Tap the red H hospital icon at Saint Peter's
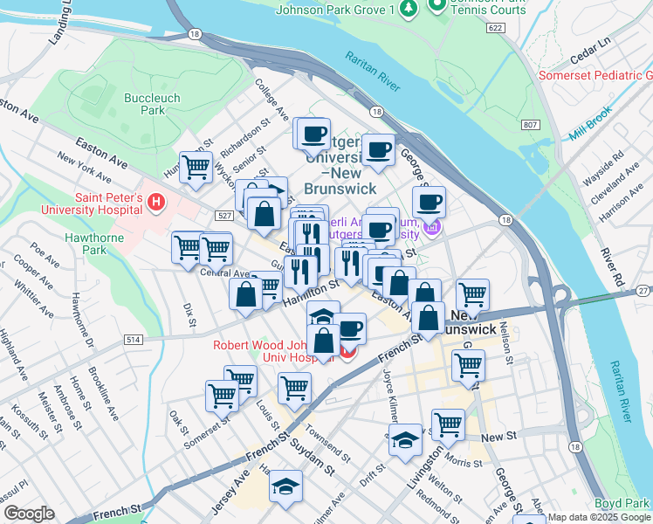156,203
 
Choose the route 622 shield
495,29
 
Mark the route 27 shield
643,290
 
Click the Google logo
29,514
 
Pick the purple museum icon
431,229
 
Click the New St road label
493,437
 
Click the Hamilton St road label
311,291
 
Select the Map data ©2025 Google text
599,517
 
